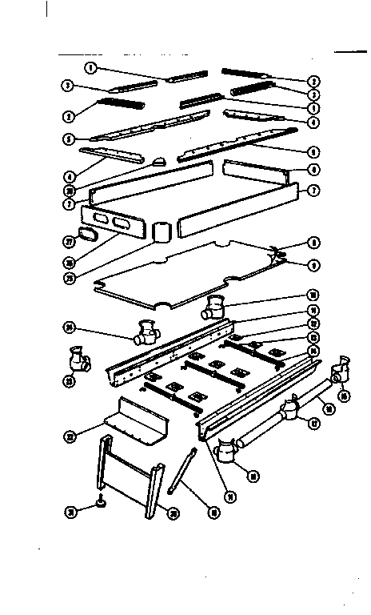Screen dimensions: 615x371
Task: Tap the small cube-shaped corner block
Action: point(163,233)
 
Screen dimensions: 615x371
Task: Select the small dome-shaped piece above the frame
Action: point(160,162)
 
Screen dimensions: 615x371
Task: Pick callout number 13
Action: point(315,337)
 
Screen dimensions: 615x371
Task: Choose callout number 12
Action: point(315,324)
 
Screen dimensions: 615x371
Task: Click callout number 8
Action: point(315,243)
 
